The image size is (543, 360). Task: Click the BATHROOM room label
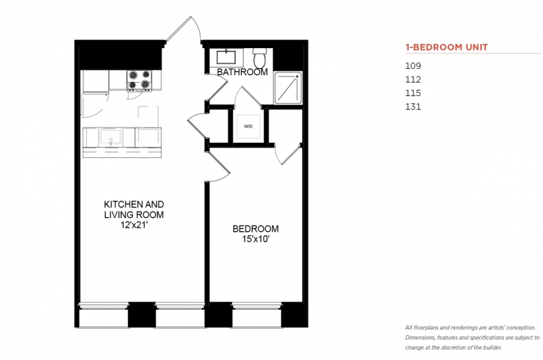(242, 72)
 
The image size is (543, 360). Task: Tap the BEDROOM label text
(255, 228)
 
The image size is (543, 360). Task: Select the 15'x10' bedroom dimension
(256, 239)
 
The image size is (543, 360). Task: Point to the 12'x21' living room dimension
(134, 225)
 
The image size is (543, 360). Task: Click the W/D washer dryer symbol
(248, 127)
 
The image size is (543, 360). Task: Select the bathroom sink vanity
(226, 58)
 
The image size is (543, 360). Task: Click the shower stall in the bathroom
(288, 88)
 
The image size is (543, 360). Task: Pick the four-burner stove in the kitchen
(139, 80)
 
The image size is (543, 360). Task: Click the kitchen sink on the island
(111, 137)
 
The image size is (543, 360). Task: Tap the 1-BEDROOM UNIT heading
(446, 47)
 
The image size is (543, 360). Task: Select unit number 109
(413, 66)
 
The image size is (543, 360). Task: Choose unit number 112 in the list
(413, 79)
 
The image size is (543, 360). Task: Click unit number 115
(413, 93)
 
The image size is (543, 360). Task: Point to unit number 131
(413, 107)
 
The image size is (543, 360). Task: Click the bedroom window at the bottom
(257, 315)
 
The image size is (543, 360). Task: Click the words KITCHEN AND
(134, 204)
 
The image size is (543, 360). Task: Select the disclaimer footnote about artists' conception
(472, 338)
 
